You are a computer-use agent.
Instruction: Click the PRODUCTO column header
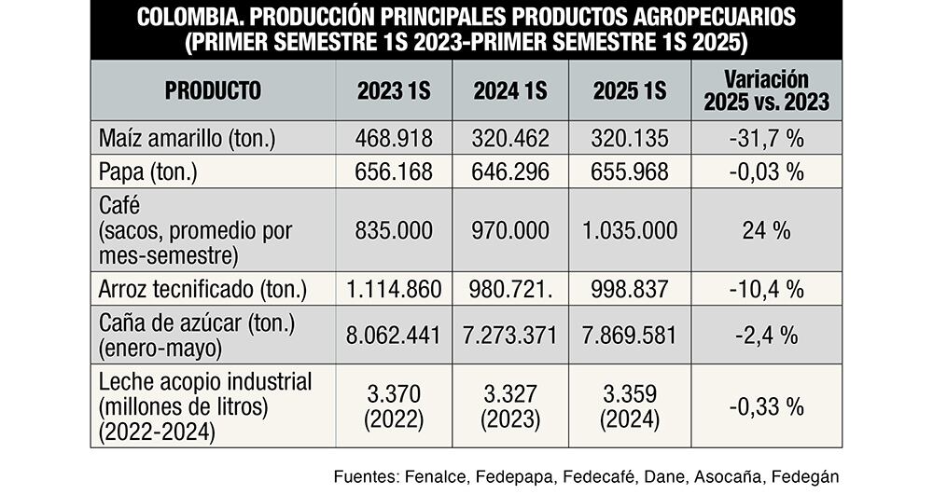[x=213, y=91]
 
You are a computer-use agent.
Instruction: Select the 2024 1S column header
[x=509, y=91]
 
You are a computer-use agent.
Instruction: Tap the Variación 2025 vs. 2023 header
[x=766, y=91]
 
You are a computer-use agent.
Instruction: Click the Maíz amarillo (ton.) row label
[x=187, y=139]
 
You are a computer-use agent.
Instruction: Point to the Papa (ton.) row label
[x=149, y=172]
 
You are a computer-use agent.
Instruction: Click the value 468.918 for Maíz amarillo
[x=394, y=139]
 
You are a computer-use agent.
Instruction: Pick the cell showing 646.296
[x=509, y=172]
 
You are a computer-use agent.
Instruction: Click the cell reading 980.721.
[x=511, y=290]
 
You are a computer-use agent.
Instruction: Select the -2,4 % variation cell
[x=766, y=334]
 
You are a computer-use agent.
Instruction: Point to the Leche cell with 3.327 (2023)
[x=509, y=405]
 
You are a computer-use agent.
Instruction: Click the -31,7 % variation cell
[x=766, y=139]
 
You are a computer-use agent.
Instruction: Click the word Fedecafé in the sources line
[x=594, y=476]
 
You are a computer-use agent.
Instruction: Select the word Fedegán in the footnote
[x=806, y=476]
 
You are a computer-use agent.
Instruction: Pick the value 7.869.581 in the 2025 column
[x=629, y=334]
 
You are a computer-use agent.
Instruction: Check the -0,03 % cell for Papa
[x=766, y=172]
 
